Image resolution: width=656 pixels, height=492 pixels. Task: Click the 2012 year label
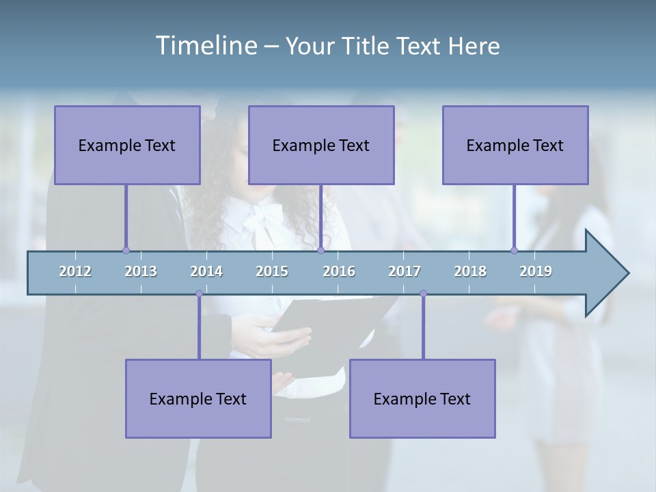75,271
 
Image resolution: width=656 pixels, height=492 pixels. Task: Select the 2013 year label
141,271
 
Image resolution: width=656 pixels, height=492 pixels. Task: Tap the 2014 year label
206,271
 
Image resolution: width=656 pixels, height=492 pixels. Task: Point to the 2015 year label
272,271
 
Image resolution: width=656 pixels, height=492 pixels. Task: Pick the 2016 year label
339,271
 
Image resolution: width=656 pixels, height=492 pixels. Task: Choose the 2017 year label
405,271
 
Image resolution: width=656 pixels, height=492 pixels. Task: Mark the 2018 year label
470,271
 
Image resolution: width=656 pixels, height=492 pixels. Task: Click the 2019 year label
536,271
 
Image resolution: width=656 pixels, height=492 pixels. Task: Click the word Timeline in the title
205,46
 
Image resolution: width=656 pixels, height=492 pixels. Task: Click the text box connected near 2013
127,145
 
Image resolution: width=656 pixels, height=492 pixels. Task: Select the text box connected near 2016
321,145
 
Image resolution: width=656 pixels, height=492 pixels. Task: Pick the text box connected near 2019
515,145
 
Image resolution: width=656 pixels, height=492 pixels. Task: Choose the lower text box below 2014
198,398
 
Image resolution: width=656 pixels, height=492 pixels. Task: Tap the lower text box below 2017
422,398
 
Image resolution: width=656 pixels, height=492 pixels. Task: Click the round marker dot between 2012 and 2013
126,251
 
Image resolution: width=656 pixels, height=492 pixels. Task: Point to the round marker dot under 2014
199,294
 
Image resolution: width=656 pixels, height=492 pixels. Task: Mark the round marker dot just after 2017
423,294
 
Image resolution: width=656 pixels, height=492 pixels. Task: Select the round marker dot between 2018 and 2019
514,251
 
